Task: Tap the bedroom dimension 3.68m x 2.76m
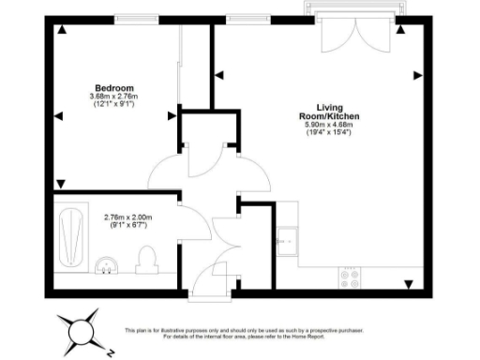pyautogui.click(x=113, y=96)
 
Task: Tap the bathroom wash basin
pyautogui.click(x=107, y=266)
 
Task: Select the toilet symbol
pyautogui.click(x=146, y=257)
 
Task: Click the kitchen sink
pyautogui.click(x=286, y=240)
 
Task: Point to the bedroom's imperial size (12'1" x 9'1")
pyautogui.click(x=113, y=104)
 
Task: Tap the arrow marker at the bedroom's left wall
pyautogui.click(x=58, y=115)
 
